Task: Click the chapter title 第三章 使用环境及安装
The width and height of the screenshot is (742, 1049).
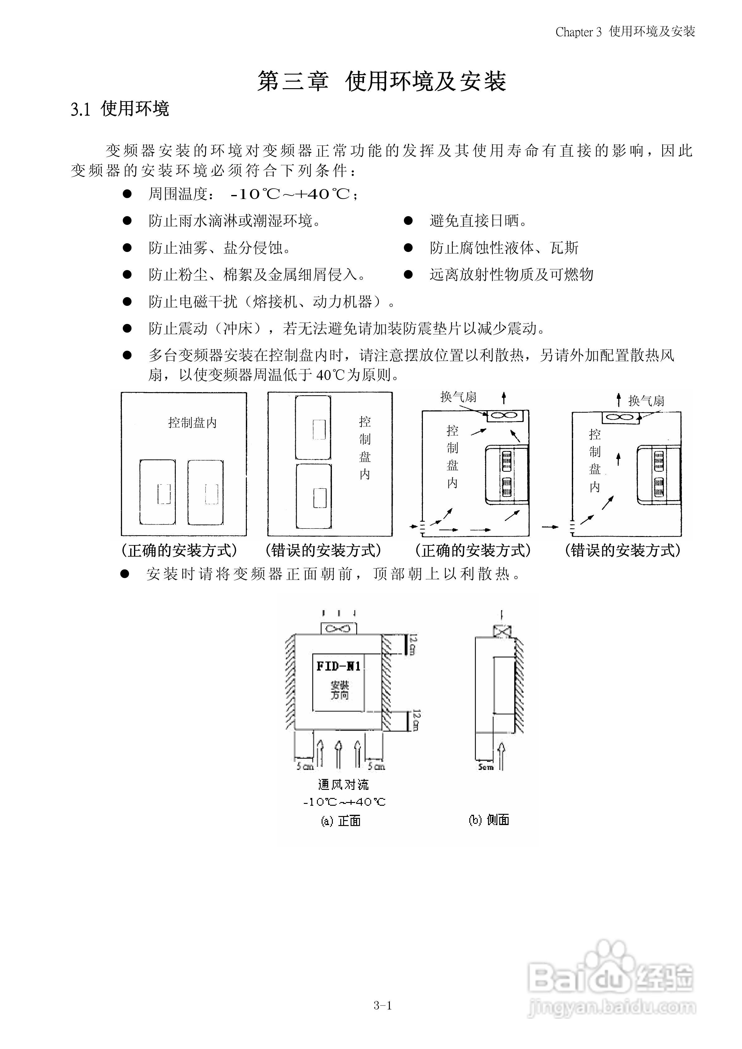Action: point(381,81)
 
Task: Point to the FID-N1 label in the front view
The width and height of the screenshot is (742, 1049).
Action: point(338,666)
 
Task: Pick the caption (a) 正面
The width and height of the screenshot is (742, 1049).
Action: point(341,821)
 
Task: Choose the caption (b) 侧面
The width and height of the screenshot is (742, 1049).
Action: point(489,820)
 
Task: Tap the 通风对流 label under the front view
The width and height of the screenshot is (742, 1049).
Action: point(343,785)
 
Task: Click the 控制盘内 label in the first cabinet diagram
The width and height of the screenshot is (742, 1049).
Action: point(192,423)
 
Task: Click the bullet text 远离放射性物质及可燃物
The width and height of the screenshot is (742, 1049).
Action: point(511,275)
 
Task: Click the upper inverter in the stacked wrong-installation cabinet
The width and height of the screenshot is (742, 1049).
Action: point(313,428)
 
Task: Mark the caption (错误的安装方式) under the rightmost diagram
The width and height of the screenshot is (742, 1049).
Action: point(623,551)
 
